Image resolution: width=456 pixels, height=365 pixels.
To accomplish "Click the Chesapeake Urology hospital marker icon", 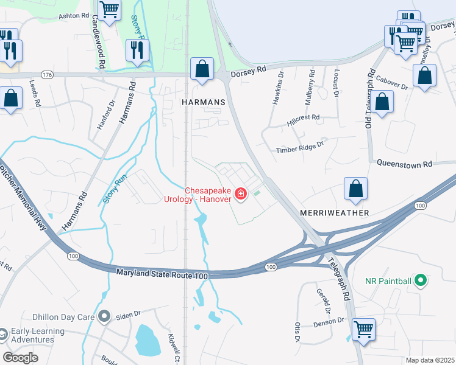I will click(241, 194).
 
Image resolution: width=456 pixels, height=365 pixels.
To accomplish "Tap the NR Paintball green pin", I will click(419, 281).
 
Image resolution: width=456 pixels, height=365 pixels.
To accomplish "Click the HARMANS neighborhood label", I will click(204, 103).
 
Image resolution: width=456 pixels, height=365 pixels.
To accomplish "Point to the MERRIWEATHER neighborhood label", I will click(335, 213).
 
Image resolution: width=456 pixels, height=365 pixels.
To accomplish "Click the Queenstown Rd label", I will click(404, 164).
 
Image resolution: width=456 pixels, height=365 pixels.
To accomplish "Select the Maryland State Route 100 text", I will click(162, 275).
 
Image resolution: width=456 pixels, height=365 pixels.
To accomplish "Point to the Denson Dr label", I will click(330, 321).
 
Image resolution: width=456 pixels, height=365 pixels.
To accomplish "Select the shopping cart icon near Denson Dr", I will click(364, 329).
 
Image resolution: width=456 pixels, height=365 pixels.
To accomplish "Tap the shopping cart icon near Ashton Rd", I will click(109, 9).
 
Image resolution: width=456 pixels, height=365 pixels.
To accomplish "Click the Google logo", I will click(21, 358).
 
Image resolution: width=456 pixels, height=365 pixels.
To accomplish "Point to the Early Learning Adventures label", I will click(38, 335).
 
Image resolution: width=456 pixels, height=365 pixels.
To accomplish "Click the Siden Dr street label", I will click(129, 313).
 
